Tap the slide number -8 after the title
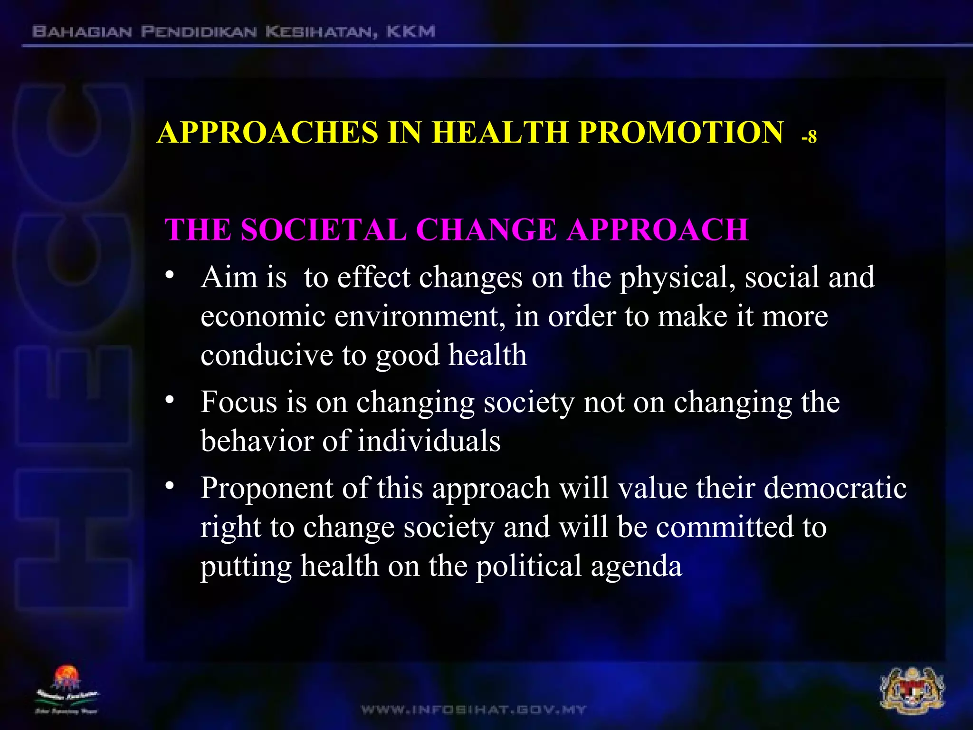tap(809, 137)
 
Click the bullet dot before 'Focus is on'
tap(170, 400)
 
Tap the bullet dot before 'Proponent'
tap(170, 486)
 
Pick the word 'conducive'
tap(267, 355)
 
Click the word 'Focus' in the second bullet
tap(238, 402)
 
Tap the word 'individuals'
tap(429, 441)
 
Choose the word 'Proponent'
tap(267, 489)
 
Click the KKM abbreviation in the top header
tap(410, 32)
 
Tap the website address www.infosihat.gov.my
tap(473, 710)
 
